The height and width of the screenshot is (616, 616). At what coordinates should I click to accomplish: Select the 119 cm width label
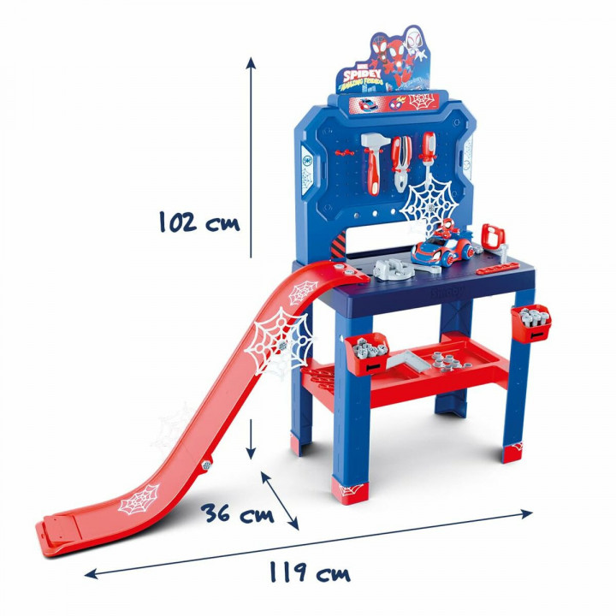click(307, 573)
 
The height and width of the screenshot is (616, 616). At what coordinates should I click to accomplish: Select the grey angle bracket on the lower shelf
click(407, 362)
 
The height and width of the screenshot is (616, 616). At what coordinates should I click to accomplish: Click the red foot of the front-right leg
click(512, 453)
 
